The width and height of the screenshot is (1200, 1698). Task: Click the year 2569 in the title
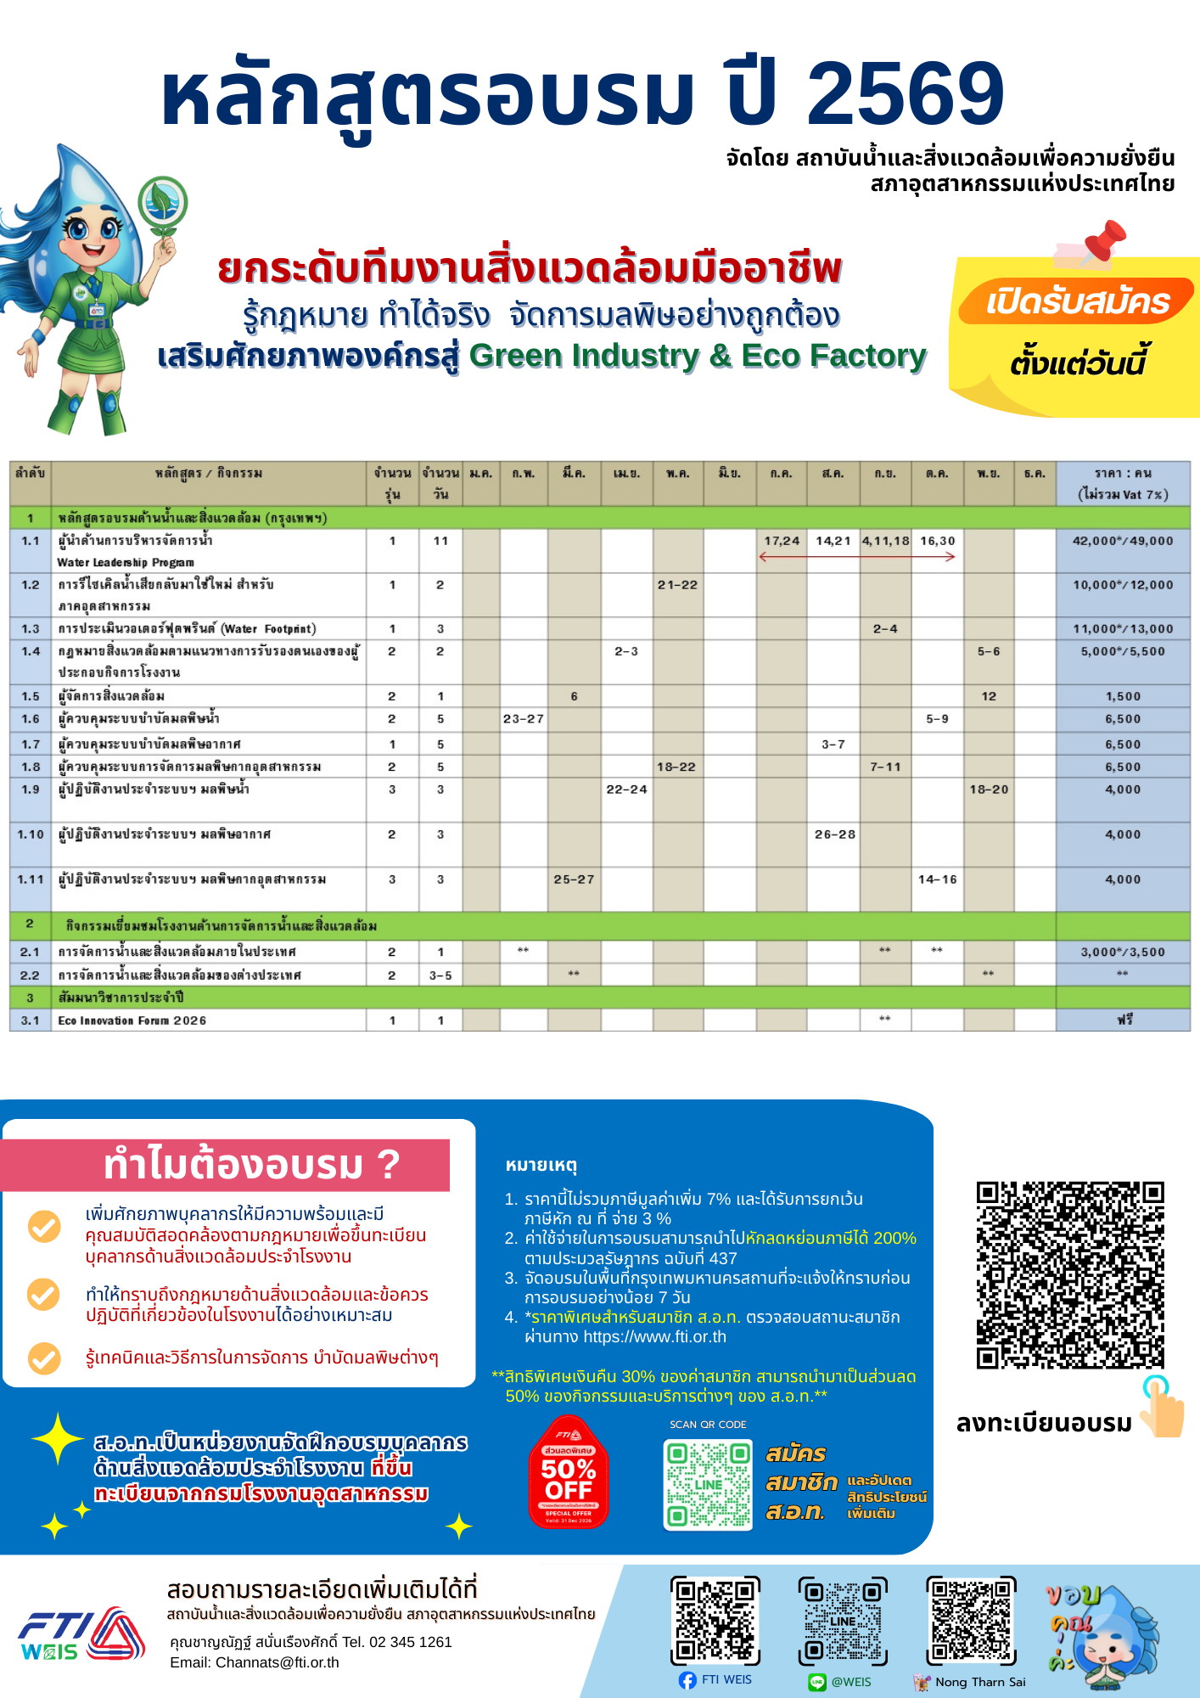905,93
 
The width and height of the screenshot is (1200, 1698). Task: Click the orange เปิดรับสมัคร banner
1077,301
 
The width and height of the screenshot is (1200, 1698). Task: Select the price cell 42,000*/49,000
1122,541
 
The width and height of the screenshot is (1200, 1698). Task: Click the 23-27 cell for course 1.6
523,719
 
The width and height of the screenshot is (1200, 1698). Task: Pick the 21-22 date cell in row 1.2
677,585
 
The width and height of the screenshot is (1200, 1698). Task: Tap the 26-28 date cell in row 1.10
834,835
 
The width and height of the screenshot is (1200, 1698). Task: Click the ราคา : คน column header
1122,483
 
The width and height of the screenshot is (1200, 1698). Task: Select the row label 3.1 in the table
31,1020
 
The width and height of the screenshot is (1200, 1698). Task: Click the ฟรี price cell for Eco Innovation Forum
1124,1020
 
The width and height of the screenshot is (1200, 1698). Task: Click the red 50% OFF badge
569,1473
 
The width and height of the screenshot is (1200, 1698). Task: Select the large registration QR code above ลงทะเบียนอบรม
1069,1274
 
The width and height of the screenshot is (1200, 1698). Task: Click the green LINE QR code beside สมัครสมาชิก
708,1485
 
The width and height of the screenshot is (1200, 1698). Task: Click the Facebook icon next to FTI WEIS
687,1680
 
